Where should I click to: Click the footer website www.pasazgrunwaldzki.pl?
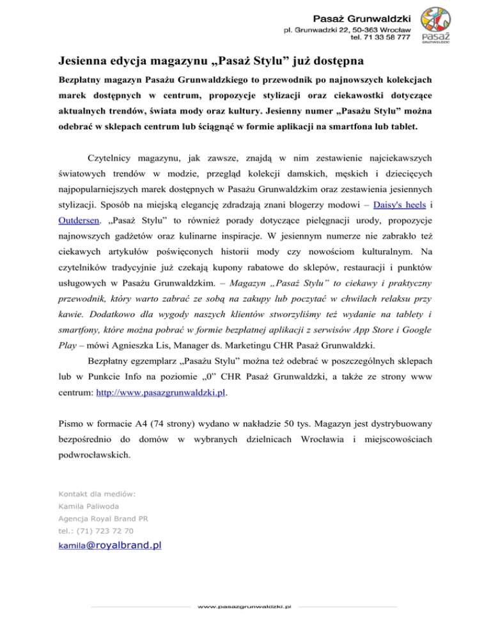click(245, 605)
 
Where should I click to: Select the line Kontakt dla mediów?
click(90, 493)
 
